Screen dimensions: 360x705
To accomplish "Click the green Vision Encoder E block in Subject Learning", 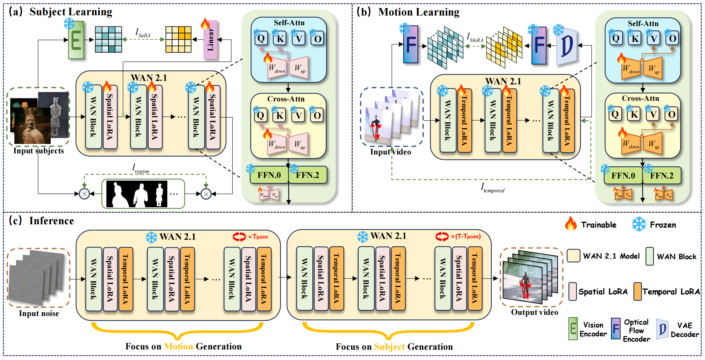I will tap(76, 40).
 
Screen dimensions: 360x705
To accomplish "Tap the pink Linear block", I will tap(210, 40).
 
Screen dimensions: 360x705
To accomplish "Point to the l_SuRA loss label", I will tap(143, 33).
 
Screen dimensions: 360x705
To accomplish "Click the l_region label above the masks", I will tap(141, 169).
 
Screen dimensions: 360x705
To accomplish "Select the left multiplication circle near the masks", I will tap(84, 194).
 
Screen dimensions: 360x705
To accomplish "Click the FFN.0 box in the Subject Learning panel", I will tap(269, 175).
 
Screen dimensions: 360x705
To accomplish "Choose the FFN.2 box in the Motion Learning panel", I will tap(662, 176).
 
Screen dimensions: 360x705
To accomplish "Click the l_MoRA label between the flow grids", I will tap(475, 38).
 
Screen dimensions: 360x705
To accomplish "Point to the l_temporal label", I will tap(493, 188).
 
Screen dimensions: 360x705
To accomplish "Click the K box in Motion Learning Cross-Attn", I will tap(634, 114).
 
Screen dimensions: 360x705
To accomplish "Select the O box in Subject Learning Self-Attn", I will tap(317, 39).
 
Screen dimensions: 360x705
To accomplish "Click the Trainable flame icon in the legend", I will tap(571, 224).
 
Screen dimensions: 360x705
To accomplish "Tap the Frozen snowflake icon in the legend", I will tap(639, 225).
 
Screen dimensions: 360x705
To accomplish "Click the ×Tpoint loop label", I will tap(258, 237).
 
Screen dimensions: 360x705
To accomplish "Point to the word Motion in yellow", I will tap(178, 347).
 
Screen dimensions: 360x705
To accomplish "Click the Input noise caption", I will tap(39, 313).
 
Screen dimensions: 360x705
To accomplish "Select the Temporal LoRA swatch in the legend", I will tap(637, 291).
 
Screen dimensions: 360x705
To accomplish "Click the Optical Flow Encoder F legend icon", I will tap(616, 329).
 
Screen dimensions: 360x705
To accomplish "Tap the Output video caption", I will tap(534, 312).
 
